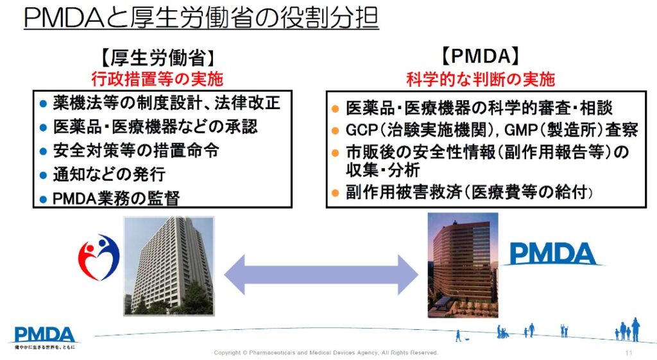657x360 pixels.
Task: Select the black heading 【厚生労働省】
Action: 158,58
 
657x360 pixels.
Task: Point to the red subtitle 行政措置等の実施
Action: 157,78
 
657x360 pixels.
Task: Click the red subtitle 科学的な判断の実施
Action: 481,79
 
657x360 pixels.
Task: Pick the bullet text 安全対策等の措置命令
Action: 136,151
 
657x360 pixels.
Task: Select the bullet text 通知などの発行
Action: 109,175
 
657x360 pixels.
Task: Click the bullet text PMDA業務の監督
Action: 116,198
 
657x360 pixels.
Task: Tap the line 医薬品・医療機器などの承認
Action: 155,127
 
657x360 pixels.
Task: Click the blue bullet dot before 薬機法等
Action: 43,104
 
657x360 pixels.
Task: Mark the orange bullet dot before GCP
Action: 335,131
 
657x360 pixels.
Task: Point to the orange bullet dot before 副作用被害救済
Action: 335,193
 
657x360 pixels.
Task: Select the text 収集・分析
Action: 382,170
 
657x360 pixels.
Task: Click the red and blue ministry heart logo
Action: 99,257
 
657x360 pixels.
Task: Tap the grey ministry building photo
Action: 169,266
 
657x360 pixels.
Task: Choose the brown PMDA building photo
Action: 463,265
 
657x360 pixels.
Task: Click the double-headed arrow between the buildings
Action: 321,275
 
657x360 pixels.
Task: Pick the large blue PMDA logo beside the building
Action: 552,254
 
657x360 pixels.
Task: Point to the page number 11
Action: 629,353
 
